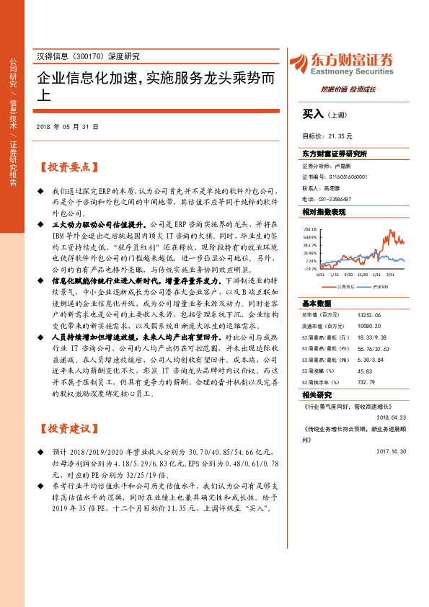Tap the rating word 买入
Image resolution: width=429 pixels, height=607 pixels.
(313, 113)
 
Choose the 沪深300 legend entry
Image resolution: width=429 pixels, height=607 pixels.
(379, 286)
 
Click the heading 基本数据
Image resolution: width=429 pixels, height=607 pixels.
(316, 303)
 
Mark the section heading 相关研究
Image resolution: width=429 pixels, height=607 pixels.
(316, 395)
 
